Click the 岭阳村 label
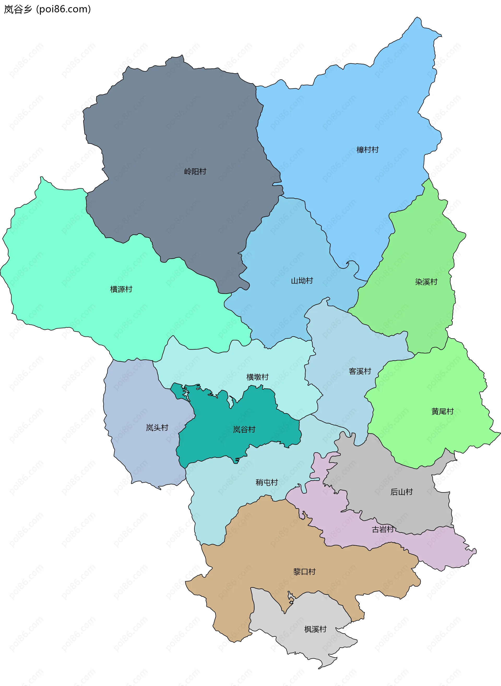[195, 172]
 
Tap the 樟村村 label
[367, 150]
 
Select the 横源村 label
[121, 289]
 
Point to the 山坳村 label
[302, 281]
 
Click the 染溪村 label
[426, 282]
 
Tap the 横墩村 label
[257, 377]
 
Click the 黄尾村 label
[442, 411]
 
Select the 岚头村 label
[157, 428]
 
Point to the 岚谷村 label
[244, 430]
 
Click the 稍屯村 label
[267, 482]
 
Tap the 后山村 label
[401, 492]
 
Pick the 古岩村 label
[383, 529]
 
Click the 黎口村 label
[304, 572]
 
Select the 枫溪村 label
[315, 629]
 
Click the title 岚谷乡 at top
[17, 9]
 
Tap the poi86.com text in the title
[63, 9]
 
